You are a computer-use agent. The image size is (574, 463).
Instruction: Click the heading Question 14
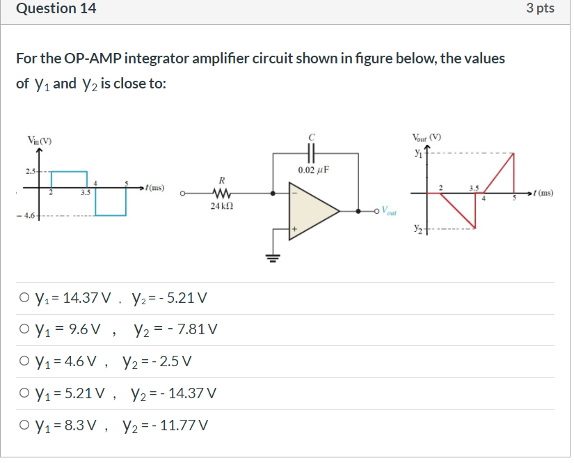point(56,9)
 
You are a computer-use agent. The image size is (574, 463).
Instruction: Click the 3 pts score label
point(540,9)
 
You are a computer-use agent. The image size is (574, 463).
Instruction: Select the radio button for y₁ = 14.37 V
point(25,299)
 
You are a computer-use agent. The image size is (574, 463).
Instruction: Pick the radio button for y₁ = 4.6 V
point(25,362)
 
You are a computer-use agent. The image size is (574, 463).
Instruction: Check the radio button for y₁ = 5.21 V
point(25,393)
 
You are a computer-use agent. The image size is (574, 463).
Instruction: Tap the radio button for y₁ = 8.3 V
point(25,425)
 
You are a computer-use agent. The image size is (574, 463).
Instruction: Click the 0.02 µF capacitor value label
point(312,169)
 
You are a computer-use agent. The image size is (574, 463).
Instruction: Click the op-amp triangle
point(313,208)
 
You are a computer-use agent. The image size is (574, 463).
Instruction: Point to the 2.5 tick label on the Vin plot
point(30,171)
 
